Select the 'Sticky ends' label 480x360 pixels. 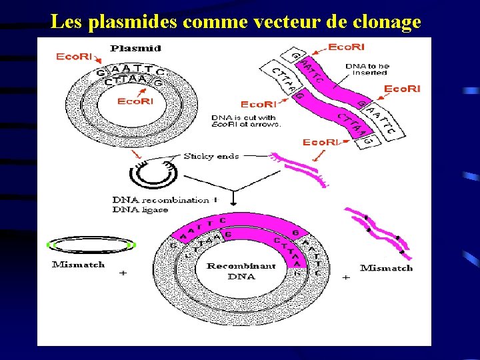click(x=211, y=156)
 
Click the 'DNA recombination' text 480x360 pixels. click(x=161, y=199)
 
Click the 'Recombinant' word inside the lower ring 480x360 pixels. click(x=241, y=265)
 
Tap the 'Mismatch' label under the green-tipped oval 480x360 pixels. click(x=79, y=265)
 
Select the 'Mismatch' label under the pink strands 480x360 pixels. click(x=386, y=268)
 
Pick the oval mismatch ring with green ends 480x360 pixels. click(x=93, y=245)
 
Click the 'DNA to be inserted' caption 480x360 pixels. click(x=367, y=69)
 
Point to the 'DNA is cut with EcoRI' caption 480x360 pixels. click(x=246, y=121)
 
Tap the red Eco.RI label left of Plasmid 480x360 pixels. click(x=74, y=57)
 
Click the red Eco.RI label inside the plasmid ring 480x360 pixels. click(x=135, y=101)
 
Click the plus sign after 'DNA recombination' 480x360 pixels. click(x=215, y=199)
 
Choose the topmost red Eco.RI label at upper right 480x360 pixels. click(x=345, y=47)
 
